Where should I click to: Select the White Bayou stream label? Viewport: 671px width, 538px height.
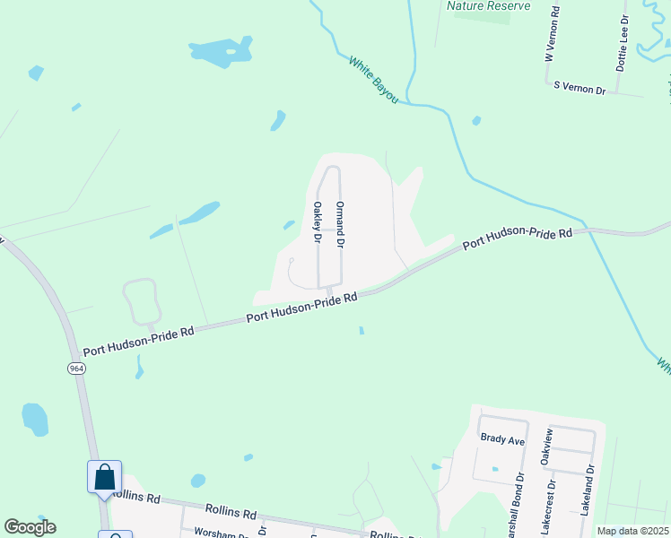click(x=373, y=80)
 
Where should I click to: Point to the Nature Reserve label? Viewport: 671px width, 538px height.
click(x=489, y=5)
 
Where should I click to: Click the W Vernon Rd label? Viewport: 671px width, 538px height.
click(x=554, y=34)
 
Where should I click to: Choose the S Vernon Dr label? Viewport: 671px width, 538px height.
click(x=579, y=88)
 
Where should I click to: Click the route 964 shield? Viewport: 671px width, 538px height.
click(x=74, y=369)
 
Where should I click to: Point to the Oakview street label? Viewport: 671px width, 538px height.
click(x=545, y=447)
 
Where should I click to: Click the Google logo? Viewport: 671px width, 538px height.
click(x=30, y=527)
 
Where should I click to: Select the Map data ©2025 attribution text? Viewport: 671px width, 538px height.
click(x=632, y=531)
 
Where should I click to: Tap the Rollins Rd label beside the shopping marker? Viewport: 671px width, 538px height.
click(x=136, y=496)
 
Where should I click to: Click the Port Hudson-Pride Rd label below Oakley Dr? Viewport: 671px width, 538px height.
click(x=302, y=307)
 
